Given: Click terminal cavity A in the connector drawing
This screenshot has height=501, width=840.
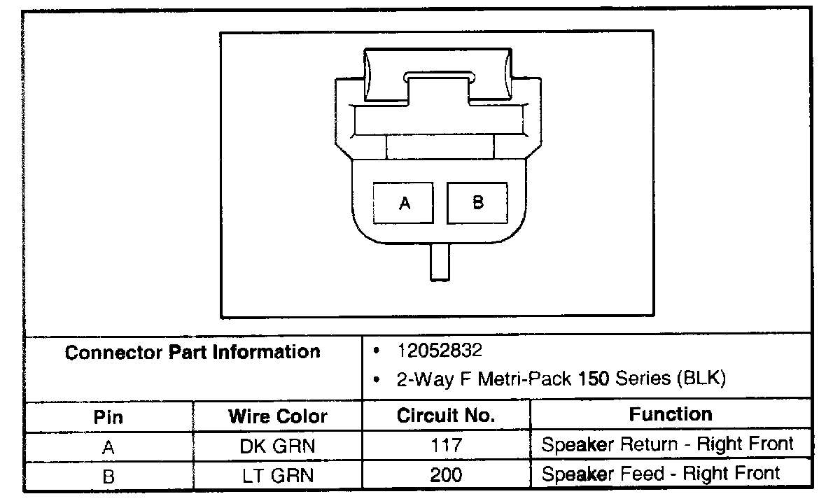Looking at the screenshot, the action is point(403,203).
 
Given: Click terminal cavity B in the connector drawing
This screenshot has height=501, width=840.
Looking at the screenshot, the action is point(477,203).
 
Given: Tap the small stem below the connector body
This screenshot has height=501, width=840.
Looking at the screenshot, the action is point(440,262).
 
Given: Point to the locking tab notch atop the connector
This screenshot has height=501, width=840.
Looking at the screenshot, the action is point(439,77).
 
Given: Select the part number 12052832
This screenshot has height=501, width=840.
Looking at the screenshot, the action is point(440,351).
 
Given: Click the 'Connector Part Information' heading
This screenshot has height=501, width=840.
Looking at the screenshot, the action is point(192,352).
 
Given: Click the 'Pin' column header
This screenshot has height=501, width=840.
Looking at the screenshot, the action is point(108,417).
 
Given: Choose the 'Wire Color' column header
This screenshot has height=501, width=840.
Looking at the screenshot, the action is point(278,416).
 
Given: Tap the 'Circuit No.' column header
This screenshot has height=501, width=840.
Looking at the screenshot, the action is point(446,415).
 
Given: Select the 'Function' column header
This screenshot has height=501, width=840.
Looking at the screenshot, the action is point(671,414).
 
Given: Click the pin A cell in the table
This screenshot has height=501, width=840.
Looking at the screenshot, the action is point(108,447).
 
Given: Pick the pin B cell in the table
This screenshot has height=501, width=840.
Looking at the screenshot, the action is point(108,477).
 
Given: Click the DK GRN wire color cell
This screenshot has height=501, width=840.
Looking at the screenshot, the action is point(277,446).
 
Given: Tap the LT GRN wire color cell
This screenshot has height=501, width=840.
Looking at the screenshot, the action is point(278,476).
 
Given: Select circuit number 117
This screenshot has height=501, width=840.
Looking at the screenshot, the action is point(447,445).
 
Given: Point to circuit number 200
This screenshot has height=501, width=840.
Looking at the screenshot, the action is point(447,475).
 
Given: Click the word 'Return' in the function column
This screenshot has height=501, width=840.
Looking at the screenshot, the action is point(649,444).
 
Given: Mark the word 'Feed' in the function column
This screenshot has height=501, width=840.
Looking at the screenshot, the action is point(642,474).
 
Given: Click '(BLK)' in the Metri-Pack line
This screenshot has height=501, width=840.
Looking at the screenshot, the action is point(701,378).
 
